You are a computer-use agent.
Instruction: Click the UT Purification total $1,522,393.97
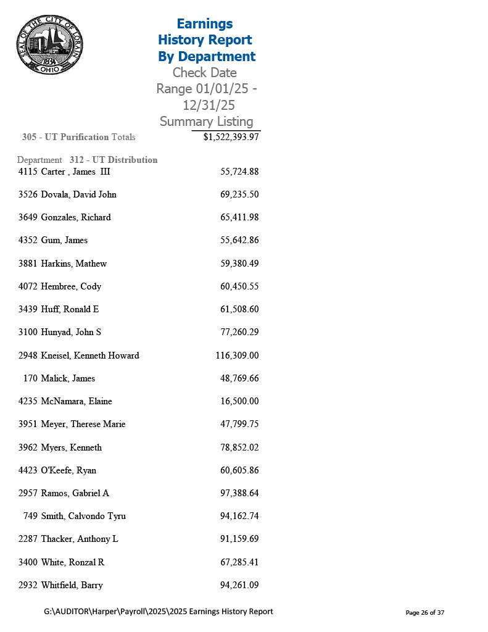click(x=231, y=137)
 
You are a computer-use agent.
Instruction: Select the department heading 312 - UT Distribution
click(x=114, y=160)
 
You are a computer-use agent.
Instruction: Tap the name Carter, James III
click(x=76, y=172)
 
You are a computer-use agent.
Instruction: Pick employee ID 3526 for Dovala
click(x=28, y=194)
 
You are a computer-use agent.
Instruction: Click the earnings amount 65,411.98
click(x=239, y=217)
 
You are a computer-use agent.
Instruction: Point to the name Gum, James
click(x=64, y=240)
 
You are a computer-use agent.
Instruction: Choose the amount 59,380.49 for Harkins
click(x=239, y=264)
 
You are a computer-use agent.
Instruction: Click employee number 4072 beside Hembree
click(x=28, y=286)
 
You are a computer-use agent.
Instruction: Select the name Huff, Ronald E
click(x=70, y=309)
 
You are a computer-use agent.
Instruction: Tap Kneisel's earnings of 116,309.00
click(x=237, y=355)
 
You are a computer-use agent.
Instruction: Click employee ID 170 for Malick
click(x=30, y=378)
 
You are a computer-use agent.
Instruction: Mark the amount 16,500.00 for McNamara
click(x=239, y=401)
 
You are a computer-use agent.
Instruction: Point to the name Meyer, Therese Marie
click(x=83, y=424)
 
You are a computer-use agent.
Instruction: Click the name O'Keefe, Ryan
click(x=68, y=470)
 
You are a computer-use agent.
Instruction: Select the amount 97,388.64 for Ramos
click(x=239, y=493)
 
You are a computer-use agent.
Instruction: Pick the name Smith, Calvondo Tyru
click(x=83, y=516)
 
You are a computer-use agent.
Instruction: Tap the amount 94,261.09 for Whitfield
click(x=239, y=585)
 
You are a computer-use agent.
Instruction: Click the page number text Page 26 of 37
click(x=425, y=613)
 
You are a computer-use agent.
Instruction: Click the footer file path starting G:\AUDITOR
click(x=159, y=612)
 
